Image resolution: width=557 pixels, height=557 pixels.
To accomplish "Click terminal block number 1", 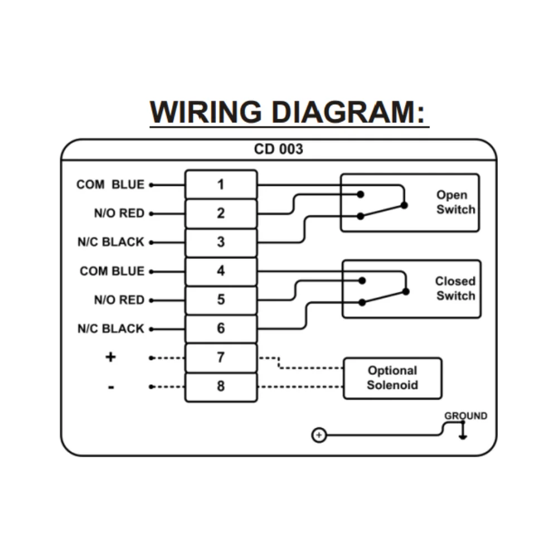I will (x=221, y=184).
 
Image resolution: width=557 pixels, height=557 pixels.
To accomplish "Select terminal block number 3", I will (x=221, y=242).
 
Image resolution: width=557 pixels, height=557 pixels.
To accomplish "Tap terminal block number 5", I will (x=221, y=300).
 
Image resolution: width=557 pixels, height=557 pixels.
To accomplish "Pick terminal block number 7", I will (x=221, y=358).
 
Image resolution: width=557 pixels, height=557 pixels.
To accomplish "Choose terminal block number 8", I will (x=221, y=386).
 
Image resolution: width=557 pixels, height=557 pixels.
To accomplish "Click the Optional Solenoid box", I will (x=392, y=378).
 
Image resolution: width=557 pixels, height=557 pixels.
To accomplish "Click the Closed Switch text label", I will (x=455, y=289).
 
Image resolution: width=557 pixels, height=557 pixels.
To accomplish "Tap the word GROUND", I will (x=465, y=416).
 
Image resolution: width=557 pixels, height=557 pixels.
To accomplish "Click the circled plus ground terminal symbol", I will (x=318, y=435).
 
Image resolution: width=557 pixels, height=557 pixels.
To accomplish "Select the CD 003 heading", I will (x=278, y=149).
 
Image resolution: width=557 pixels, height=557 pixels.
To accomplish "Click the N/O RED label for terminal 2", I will (x=119, y=213).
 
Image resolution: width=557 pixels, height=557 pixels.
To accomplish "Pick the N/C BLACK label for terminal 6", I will (x=111, y=329).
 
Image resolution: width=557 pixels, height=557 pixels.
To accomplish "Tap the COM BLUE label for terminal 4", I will (x=112, y=271).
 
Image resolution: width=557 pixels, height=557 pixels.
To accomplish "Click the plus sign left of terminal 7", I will (x=110, y=357).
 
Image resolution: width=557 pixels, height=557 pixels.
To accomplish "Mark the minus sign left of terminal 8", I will (x=111, y=387).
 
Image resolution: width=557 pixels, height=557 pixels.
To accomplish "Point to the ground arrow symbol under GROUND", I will (x=462, y=431).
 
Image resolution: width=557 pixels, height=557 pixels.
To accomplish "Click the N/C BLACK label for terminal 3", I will (x=111, y=242).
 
